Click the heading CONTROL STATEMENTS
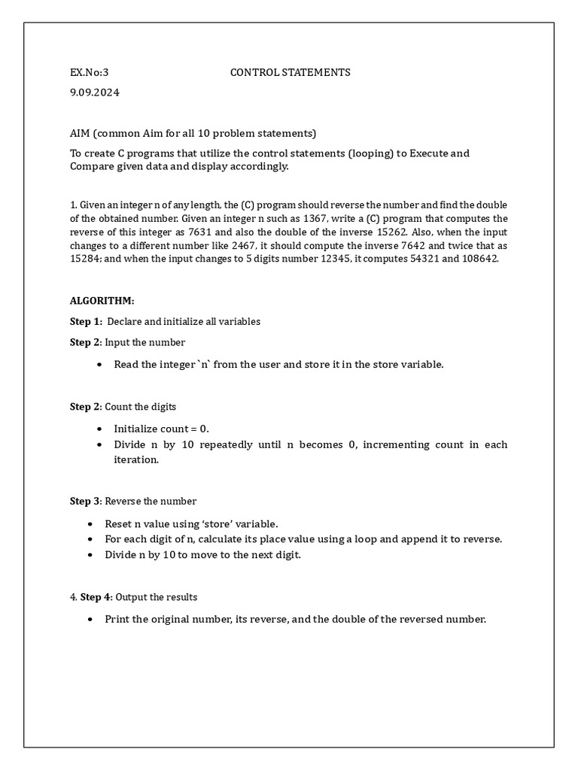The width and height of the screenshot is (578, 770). point(290,73)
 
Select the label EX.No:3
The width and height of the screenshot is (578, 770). point(90,73)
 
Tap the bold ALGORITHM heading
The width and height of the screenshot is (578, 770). point(102,301)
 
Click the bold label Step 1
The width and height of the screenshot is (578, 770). point(85,321)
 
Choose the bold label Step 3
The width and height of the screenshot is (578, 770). point(85,501)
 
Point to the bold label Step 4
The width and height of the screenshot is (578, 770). point(96,597)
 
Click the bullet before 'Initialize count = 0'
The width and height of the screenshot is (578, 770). point(99,429)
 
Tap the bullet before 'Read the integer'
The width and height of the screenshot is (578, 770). point(99,365)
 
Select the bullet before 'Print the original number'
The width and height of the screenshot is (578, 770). point(90,620)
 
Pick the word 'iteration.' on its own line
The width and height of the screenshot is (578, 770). point(131,460)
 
